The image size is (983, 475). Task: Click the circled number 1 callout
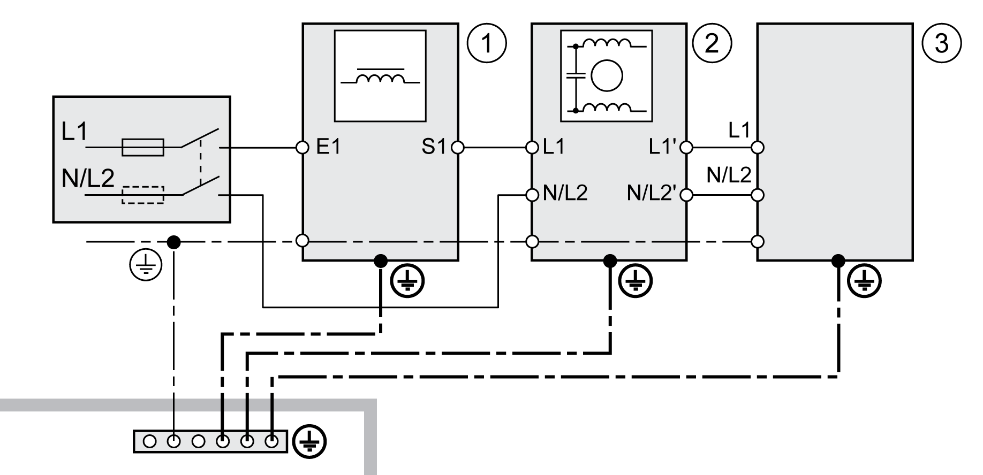coord(486,43)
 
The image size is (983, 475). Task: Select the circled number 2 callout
coord(712,43)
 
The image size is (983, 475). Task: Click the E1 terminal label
coord(328,147)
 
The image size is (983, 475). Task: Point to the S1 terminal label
coord(433,147)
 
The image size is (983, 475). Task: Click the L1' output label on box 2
coord(663,147)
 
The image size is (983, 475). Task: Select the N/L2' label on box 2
coord(652,194)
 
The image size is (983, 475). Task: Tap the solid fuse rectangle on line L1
coord(143,147)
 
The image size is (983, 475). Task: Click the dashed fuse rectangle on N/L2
coord(143,195)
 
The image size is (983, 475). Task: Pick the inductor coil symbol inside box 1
coord(380,79)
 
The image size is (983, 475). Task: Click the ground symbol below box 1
coord(407,280)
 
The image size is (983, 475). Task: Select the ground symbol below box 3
coord(865,280)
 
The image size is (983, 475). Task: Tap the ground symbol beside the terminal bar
coord(310,441)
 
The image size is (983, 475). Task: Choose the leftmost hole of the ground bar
coord(150,441)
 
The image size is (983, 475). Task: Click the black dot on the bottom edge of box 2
coord(609,261)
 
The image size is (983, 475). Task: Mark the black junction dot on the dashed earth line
coord(173,242)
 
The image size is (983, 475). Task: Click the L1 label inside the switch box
coord(74,132)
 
